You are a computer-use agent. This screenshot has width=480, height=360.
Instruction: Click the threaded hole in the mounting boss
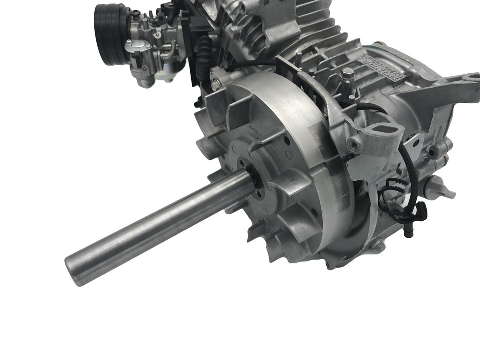pyautogui.click(x=355, y=145)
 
